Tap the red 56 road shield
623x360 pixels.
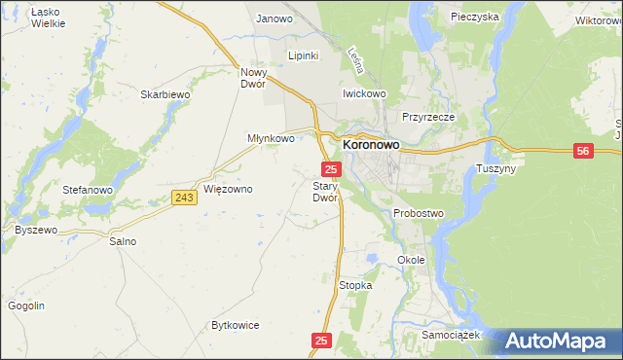[583, 151]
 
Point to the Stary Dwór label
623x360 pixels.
[324, 192]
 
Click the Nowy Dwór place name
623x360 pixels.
[253, 78]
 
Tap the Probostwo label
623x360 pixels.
[419, 213]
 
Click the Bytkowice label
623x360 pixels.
[237, 325]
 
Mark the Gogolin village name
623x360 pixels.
[26, 306]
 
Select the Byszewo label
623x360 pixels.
[36, 230]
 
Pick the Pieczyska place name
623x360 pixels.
[474, 17]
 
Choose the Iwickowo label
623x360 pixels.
[364, 93]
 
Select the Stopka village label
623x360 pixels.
[355, 285]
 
